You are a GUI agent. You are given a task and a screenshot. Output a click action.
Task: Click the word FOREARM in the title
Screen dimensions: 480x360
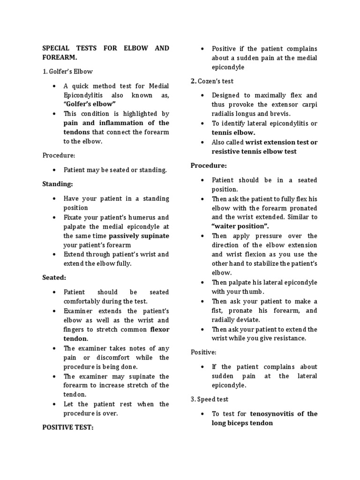(x=60, y=58)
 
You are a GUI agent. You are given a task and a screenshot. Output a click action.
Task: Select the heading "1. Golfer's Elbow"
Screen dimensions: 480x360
(x=67, y=72)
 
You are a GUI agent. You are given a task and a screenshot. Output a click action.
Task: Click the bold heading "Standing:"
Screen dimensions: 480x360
(x=58, y=184)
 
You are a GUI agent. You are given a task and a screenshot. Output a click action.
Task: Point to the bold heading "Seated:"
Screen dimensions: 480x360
(x=54, y=277)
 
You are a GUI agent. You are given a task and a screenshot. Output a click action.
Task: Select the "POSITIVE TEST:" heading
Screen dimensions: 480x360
(x=72, y=427)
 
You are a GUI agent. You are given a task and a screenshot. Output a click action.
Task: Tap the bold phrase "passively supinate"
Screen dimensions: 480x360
(x=139, y=236)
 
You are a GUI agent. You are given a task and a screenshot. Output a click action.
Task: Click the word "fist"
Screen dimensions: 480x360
(x=217, y=310)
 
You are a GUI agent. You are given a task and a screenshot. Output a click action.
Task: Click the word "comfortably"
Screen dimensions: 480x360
(x=83, y=301)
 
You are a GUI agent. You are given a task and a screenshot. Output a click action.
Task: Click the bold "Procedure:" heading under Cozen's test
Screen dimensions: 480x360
(x=209, y=165)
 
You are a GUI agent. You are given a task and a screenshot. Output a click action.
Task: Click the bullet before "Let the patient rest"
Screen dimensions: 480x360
(x=55, y=404)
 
